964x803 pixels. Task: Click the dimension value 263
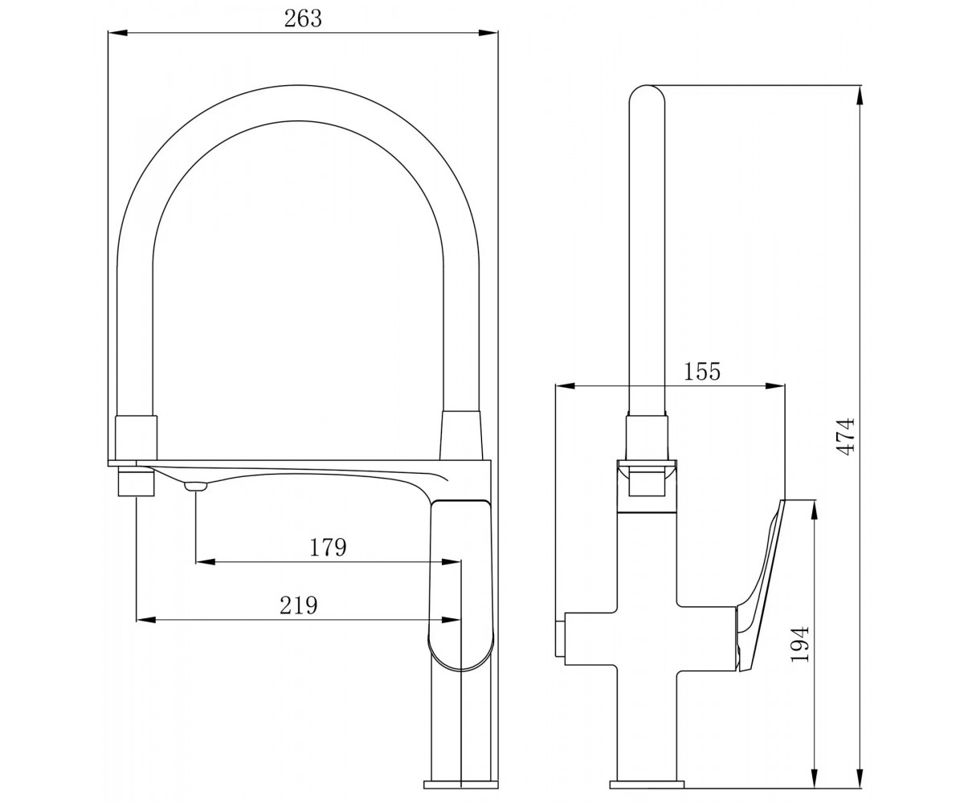302,19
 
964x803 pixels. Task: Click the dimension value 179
327,548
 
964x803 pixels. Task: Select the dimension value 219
299,605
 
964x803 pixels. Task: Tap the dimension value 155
702,372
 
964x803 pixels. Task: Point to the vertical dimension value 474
847,437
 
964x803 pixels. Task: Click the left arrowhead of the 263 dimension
117,33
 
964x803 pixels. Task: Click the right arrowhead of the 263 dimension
488,33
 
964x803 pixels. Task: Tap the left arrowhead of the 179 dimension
206,562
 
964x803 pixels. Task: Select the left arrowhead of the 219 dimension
146,620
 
